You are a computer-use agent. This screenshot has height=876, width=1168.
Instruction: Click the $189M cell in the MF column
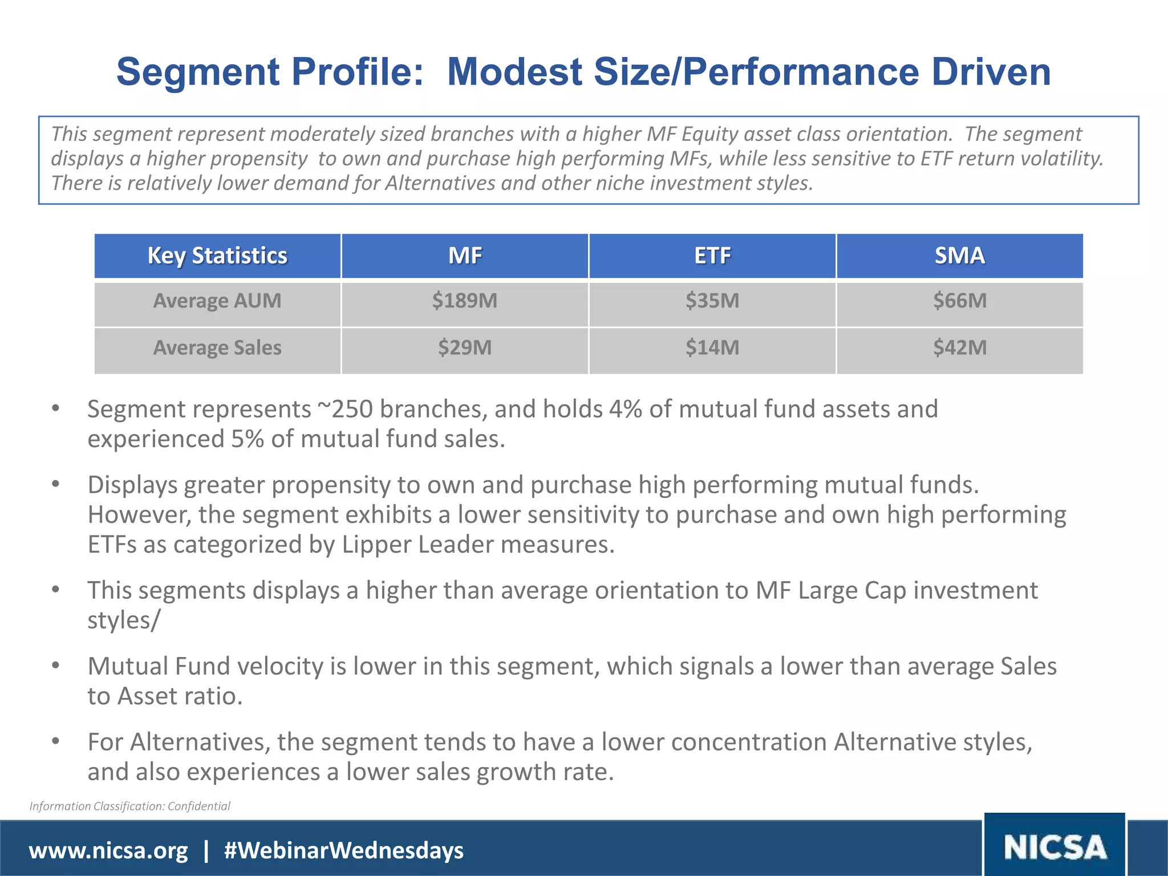[464, 301]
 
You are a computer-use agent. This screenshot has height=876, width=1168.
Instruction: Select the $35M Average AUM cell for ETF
[712, 301]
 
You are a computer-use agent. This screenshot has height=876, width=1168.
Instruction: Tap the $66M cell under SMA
[960, 301]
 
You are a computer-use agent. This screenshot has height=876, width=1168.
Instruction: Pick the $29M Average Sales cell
[464, 347]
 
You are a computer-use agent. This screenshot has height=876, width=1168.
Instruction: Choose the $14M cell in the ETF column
[712, 347]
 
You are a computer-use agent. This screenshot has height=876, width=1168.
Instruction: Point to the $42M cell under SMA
[960, 347]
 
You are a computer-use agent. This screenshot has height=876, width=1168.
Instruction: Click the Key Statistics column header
[217, 255]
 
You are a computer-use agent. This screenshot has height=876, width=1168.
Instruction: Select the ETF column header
[712, 255]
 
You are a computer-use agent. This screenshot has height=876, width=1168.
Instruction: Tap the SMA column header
[960, 255]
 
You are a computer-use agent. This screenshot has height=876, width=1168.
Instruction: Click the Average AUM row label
[217, 301]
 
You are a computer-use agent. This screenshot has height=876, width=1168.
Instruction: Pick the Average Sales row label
[217, 347]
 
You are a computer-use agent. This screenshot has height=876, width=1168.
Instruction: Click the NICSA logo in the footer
[1055, 847]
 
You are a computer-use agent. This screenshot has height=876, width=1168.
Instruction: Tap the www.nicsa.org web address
[108, 850]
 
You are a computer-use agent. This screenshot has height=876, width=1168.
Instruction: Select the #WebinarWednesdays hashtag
[344, 850]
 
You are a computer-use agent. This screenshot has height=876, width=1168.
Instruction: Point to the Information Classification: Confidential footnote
[130, 806]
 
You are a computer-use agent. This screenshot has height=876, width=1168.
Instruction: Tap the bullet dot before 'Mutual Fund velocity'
[55, 666]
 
